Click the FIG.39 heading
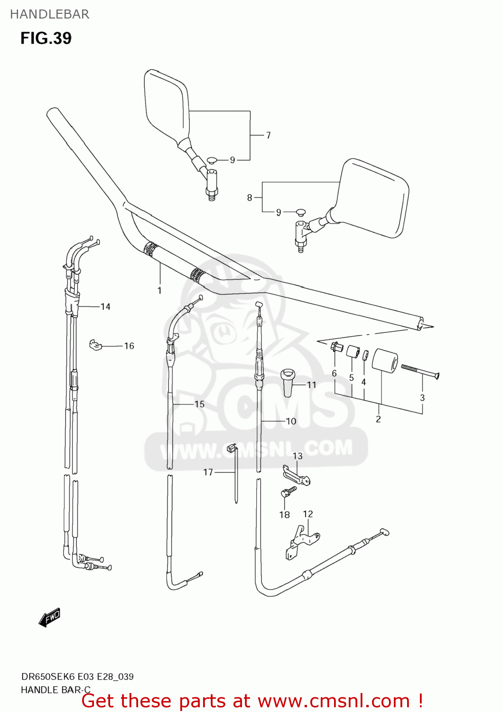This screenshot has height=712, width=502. point(46,38)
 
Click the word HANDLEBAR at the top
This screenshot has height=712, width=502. point(49,14)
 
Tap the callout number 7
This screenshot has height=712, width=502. point(268,135)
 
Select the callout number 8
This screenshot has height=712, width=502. point(250,197)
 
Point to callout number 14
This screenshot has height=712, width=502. point(105,307)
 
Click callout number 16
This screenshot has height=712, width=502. point(129,346)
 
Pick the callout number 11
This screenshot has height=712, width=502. point(311,384)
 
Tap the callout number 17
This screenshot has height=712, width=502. point(208,472)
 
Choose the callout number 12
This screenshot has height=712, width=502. point(308,514)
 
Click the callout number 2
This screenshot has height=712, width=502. point(378,419)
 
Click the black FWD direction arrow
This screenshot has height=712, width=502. point(49,618)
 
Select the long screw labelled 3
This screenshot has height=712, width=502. point(420,371)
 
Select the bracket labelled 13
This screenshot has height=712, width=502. point(297,475)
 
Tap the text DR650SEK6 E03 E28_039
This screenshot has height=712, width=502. point(77,676)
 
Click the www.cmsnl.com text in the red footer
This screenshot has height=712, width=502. point(333,701)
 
